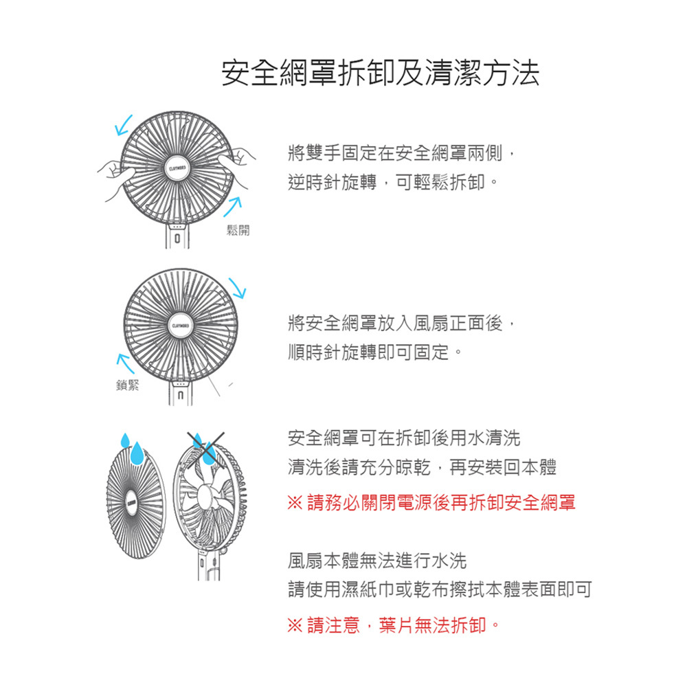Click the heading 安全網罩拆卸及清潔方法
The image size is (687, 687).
pyautogui.click(x=380, y=74)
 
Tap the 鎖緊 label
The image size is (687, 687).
pyautogui.click(x=128, y=385)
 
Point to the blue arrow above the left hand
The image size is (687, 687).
pyautogui.click(x=124, y=124)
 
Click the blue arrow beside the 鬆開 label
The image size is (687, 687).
pyautogui.click(x=234, y=203)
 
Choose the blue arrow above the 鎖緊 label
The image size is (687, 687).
pyautogui.click(x=124, y=361)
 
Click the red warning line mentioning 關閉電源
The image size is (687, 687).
pyautogui.click(x=431, y=503)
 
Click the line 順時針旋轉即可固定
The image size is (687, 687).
pyautogui.click(x=375, y=353)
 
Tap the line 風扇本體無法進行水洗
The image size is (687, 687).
pyautogui.click(x=377, y=561)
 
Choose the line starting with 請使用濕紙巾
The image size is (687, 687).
pyautogui.click(x=440, y=589)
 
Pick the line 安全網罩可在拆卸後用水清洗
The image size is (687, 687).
pyautogui.click(x=405, y=438)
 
